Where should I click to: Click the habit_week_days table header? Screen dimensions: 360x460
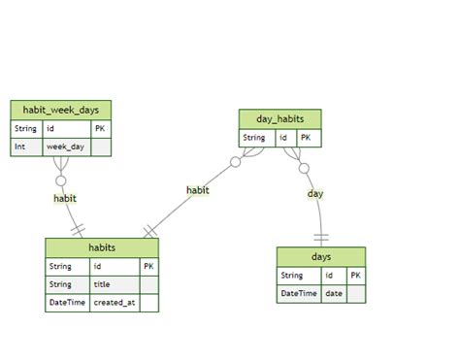point(61,110)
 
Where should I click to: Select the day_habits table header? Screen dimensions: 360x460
point(279,119)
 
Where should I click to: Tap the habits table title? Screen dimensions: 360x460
point(101,247)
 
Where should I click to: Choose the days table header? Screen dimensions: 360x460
point(321,257)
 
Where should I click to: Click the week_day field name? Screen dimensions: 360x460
point(66,147)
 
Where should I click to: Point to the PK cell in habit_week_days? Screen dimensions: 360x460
point(101,128)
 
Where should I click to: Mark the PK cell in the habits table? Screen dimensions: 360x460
point(148,266)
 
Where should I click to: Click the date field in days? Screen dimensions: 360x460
point(334,293)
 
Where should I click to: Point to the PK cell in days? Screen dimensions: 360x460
point(356,276)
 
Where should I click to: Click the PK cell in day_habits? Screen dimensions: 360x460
point(306,138)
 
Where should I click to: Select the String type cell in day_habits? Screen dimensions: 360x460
point(254,138)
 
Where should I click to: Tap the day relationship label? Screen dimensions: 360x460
point(315,194)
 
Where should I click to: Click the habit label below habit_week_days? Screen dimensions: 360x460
point(65,198)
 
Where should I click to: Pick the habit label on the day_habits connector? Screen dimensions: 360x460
point(198,190)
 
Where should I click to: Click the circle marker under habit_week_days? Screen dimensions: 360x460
point(61,180)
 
